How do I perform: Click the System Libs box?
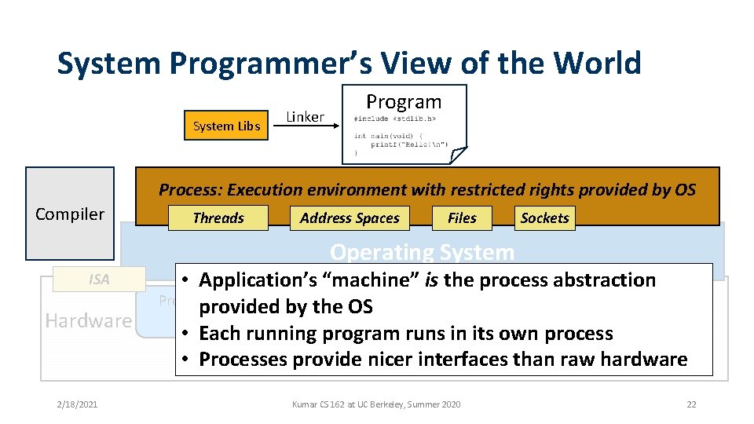coord(226,126)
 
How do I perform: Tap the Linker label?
coord(305,117)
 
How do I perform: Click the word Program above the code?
coord(404,101)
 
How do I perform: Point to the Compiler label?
coord(70,214)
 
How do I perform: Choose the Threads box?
coord(218,218)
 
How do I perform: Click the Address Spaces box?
coord(350,218)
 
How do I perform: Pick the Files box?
coord(462,218)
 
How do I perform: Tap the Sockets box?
coord(544,218)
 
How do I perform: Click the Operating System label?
coord(422,252)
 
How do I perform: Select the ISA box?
coord(99,280)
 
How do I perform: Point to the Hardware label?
coord(88,320)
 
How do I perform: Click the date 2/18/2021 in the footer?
coord(77,404)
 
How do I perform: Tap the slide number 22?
coord(691,404)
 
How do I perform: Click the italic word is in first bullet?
coord(432,280)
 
